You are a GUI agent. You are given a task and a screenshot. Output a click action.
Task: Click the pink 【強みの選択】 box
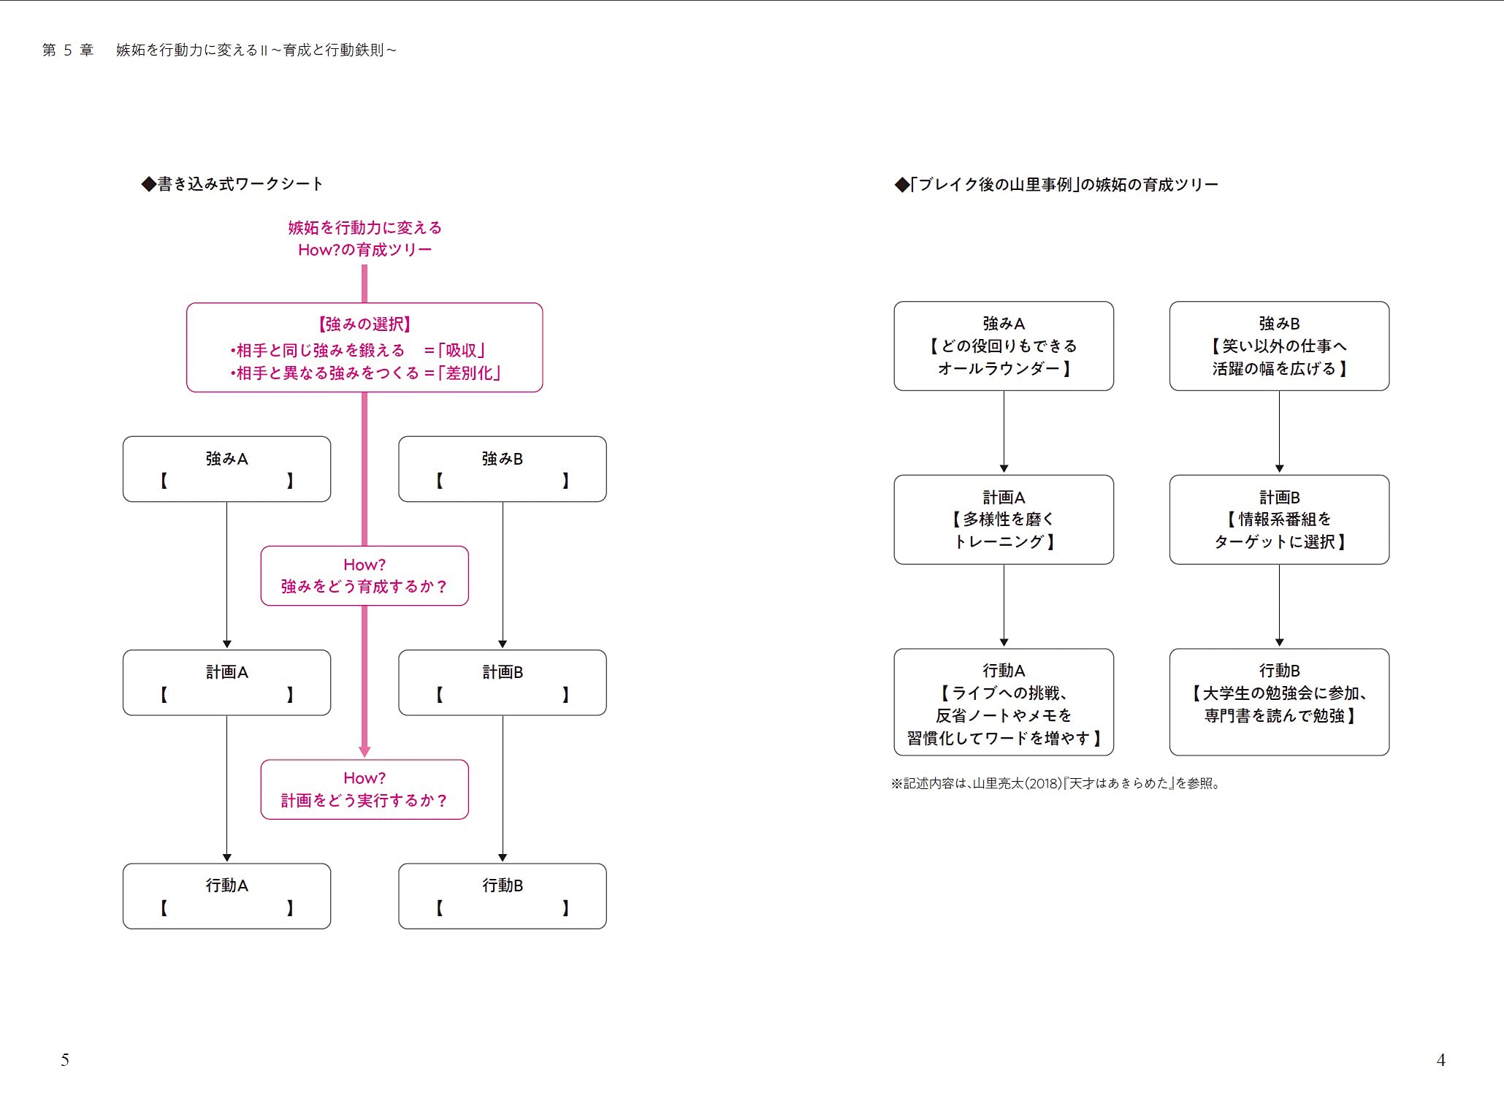point(364,348)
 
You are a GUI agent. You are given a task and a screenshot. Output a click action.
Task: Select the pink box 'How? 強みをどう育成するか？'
point(364,576)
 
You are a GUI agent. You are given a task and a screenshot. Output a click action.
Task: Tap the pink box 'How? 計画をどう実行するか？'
point(364,789)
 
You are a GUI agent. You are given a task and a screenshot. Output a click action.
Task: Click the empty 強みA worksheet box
point(226,469)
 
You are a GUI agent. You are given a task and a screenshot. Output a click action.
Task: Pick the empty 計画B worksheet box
point(503,682)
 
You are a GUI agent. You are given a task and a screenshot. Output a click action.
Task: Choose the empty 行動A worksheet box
point(226,896)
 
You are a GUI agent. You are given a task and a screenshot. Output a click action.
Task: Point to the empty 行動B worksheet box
point(503,896)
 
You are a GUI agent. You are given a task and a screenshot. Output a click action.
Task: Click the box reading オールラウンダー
point(1004,346)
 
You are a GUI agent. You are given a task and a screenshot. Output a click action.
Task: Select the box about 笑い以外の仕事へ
point(1279,346)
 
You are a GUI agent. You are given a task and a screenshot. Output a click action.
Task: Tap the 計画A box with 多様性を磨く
point(1004,519)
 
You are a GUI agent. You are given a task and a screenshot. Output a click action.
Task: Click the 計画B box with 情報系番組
point(1279,519)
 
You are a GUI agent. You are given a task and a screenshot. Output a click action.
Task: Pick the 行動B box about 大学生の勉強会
point(1279,701)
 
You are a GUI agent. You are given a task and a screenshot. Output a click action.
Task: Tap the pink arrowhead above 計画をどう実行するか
point(364,752)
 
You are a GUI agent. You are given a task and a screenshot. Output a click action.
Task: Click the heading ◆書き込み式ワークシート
point(232,184)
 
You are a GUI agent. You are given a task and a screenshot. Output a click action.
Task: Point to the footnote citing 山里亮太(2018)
point(1056,783)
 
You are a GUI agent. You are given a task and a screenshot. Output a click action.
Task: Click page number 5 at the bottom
point(65,1060)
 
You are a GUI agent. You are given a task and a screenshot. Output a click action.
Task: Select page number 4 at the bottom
point(1440,1060)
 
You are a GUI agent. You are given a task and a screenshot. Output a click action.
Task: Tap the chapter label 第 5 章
point(68,50)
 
